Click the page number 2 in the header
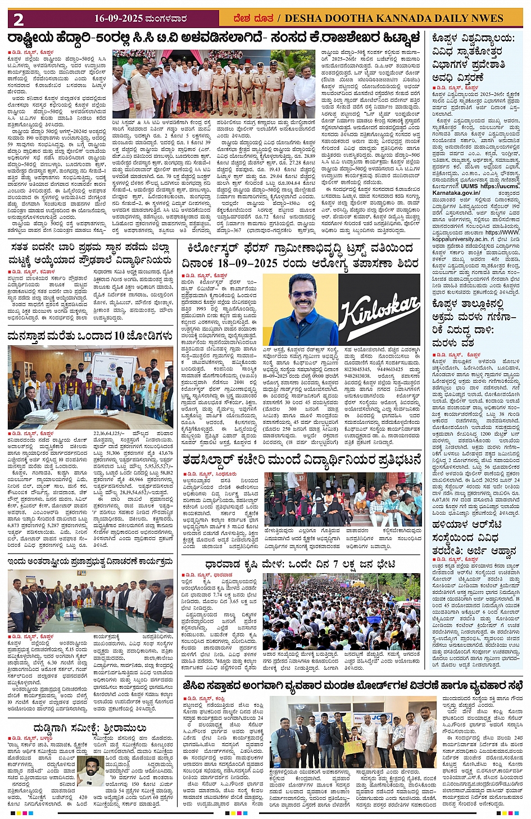[19, 19]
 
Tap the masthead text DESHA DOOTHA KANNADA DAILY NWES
[394, 19]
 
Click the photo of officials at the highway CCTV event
[214, 84]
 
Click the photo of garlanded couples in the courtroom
[90, 387]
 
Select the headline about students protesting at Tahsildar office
[301, 460]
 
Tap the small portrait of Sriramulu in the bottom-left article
[90, 772]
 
